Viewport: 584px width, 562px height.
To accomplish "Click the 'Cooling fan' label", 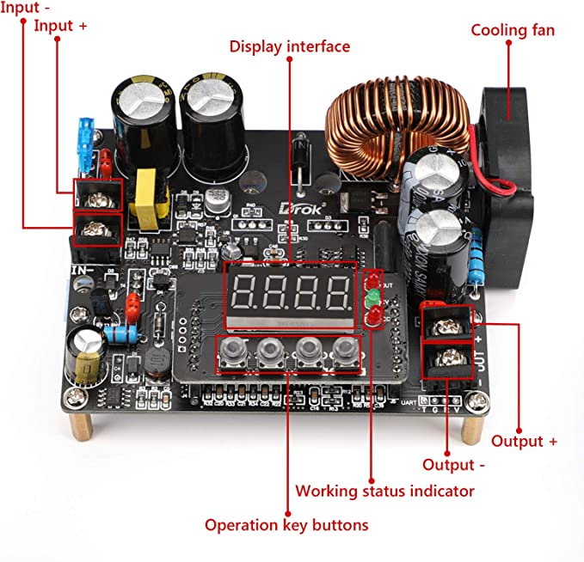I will coord(513,30).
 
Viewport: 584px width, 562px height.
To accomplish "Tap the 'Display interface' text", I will coord(290,46).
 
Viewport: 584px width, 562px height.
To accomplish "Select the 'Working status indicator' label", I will coord(384,491).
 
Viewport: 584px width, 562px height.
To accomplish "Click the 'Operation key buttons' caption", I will coord(286,524).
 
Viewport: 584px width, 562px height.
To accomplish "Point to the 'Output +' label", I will coord(524,441).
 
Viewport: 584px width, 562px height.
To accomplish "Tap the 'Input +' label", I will coord(60,25).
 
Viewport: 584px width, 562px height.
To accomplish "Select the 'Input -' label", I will coord(20,7).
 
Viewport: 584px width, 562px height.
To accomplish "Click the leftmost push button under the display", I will coord(235,350).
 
